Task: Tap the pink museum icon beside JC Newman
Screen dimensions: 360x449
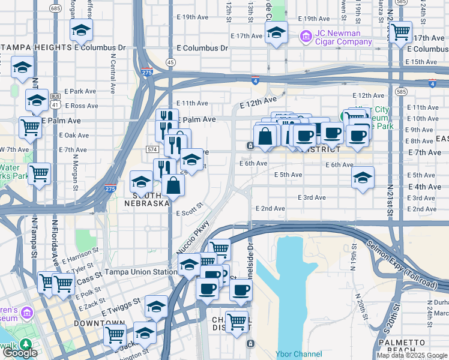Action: [305, 38]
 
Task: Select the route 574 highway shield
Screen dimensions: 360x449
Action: [152, 148]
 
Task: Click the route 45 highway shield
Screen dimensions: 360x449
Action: [170, 62]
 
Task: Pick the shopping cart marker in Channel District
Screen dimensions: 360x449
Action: [237, 321]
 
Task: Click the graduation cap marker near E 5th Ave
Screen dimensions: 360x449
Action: [363, 178]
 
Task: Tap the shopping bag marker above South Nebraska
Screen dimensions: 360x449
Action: [173, 185]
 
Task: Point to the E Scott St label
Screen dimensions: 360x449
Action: [190, 213]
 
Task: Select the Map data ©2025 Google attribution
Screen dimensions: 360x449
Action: [412, 356]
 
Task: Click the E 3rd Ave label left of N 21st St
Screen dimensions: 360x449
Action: [312, 197]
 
